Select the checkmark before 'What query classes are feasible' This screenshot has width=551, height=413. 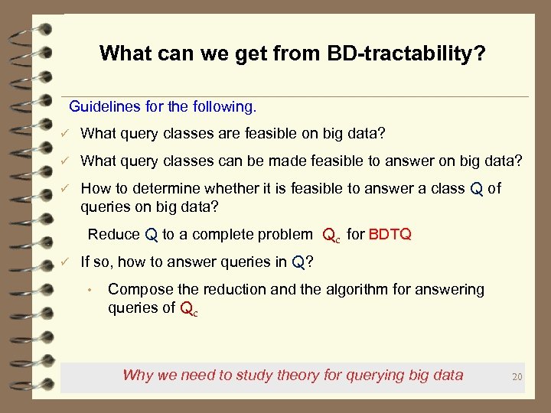pyautogui.click(x=67, y=135)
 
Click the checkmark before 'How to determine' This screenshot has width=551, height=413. pyautogui.click(x=67, y=189)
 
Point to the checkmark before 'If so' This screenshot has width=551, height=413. pyautogui.click(x=67, y=262)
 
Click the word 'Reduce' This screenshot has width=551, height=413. pyautogui.click(x=114, y=234)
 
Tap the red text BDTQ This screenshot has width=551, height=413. pyautogui.click(x=390, y=234)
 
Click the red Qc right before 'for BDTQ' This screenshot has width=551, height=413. pyautogui.click(x=331, y=236)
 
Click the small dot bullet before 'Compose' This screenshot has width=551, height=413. pyautogui.click(x=90, y=290)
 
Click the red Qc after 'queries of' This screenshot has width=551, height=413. pyautogui.click(x=188, y=310)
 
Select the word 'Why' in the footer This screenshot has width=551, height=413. pyautogui.click(x=138, y=375)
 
